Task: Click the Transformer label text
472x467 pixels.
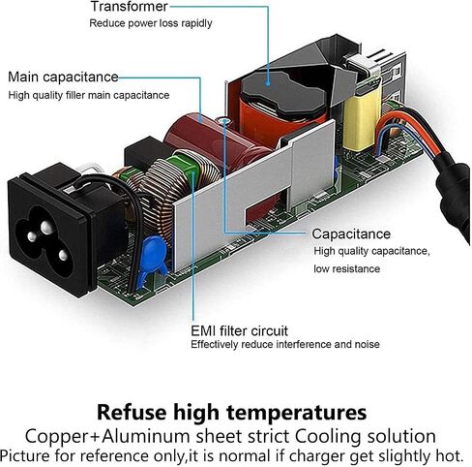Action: tap(129, 7)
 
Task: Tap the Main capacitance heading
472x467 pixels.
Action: tap(63, 78)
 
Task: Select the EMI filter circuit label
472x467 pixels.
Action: tap(239, 331)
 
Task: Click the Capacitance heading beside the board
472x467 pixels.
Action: tap(351, 233)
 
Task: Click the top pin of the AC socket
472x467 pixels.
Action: tap(46, 227)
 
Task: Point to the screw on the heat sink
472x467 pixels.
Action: tap(224, 121)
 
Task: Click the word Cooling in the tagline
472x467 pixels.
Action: tap(328, 437)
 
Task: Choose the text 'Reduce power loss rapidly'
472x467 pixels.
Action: tap(151, 23)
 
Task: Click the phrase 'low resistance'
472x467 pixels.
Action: tap(347, 268)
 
